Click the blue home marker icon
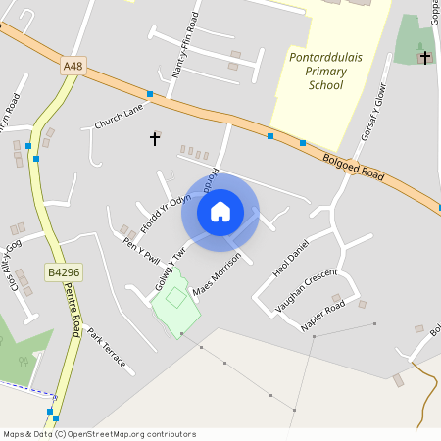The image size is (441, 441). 220,212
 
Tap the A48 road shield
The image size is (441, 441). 72,66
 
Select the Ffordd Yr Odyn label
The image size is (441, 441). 163,208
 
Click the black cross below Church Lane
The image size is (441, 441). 154,139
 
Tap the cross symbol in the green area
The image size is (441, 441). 424,58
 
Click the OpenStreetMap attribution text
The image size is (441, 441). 99,434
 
